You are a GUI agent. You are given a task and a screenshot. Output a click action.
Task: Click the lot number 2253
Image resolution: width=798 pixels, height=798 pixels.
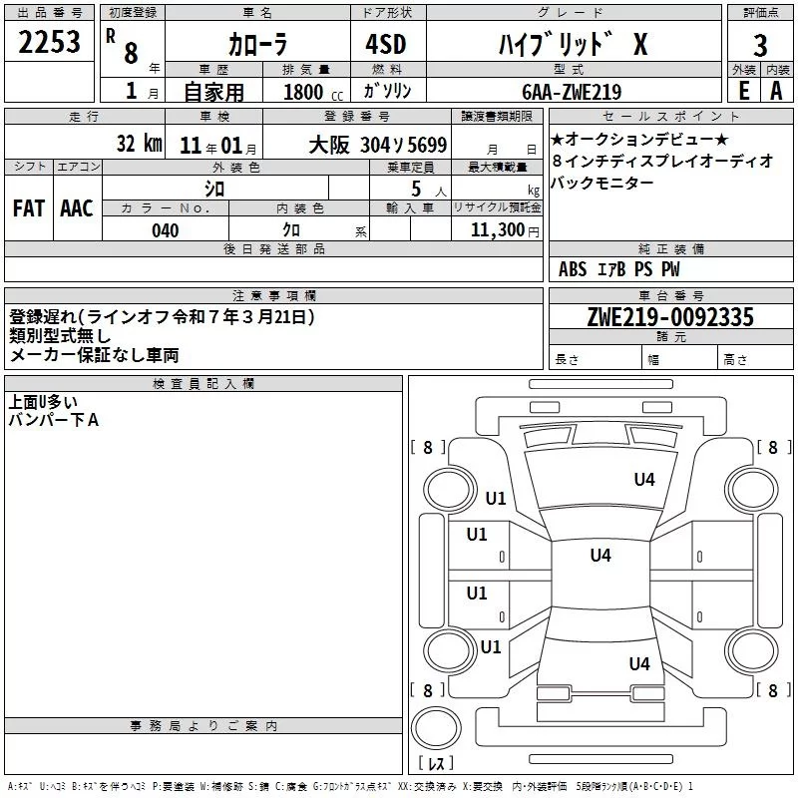pyautogui.click(x=50, y=45)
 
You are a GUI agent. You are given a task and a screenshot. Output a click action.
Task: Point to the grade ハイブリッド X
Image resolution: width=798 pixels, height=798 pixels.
pyautogui.click(x=572, y=45)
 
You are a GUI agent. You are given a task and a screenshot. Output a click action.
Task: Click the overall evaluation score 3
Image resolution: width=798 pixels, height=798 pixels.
pyautogui.click(x=760, y=46)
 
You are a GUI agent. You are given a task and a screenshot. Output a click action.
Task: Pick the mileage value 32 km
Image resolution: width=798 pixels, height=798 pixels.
pyautogui.click(x=139, y=143)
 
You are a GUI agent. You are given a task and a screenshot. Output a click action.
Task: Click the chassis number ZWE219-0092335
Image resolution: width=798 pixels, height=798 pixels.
pyautogui.click(x=669, y=317)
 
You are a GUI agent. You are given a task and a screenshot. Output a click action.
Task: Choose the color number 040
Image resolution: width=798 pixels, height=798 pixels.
pyautogui.click(x=166, y=230)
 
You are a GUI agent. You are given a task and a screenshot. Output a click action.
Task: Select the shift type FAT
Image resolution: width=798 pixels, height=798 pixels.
pyautogui.click(x=28, y=208)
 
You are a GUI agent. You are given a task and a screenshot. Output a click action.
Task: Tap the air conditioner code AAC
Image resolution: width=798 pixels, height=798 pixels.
pyautogui.click(x=77, y=208)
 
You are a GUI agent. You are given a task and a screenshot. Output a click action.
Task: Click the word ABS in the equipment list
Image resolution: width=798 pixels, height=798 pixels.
pyautogui.click(x=573, y=269)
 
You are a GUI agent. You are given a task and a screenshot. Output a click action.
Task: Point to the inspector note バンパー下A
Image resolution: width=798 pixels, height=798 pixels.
pyautogui.click(x=54, y=421)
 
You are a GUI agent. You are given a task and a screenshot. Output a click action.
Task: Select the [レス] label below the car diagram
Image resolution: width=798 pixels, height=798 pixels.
pyautogui.click(x=435, y=763)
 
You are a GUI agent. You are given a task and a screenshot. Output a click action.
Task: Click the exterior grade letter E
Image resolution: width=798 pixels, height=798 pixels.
pyautogui.click(x=743, y=91)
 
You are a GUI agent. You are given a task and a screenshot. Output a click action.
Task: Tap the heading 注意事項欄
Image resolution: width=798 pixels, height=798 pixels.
pyautogui.click(x=274, y=296)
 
